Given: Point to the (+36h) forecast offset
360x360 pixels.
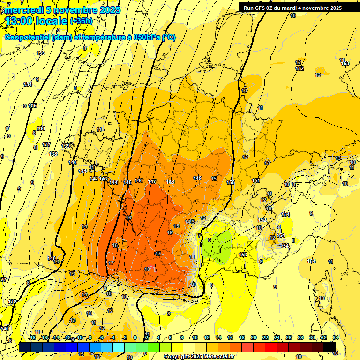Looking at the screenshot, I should [x=81, y=21].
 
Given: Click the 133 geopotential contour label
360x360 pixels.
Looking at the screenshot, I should [x=41, y=53].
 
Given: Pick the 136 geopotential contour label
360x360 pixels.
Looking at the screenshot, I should [x=41, y=128].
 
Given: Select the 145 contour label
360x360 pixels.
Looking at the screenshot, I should [x=127, y=182].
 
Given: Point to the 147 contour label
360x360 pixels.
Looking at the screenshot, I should [x=152, y=181].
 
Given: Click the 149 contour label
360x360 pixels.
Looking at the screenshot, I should [x=197, y=178].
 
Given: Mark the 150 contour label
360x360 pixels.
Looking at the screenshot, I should [x=231, y=182].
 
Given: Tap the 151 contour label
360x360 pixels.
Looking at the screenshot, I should [x=256, y=180].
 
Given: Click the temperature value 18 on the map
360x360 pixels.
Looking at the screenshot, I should [x=147, y=269].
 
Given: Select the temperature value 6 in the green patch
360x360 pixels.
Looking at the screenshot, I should [x=210, y=240].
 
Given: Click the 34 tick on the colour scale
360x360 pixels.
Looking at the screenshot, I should [x=335, y=337].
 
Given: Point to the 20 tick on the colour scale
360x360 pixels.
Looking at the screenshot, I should [x=254, y=337].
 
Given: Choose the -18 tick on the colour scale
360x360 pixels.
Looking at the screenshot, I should [x=32, y=337].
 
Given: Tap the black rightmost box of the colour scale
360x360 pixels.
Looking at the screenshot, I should [x=330, y=347].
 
